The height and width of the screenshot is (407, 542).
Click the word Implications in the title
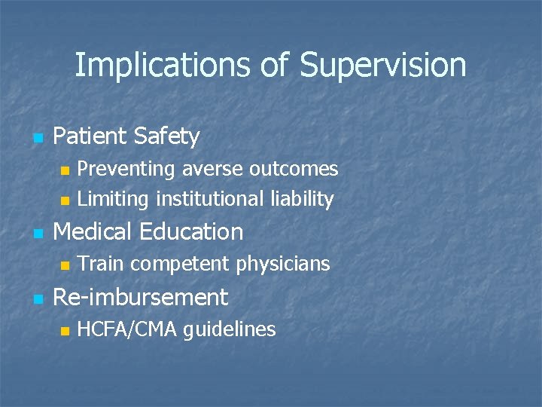click(x=161, y=66)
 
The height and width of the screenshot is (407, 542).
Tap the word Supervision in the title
click(x=382, y=66)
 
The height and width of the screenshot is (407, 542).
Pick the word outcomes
click(x=294, y=169)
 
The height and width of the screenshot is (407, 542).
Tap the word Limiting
click(x=114, y=199)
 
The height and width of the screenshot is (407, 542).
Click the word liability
click(x=301, y=199)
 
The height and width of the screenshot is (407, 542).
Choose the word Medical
click(x=93, y=231)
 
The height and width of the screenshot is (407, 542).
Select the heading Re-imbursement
click(x=141, y=297)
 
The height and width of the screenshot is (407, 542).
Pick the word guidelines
click(x=230, y=329)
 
